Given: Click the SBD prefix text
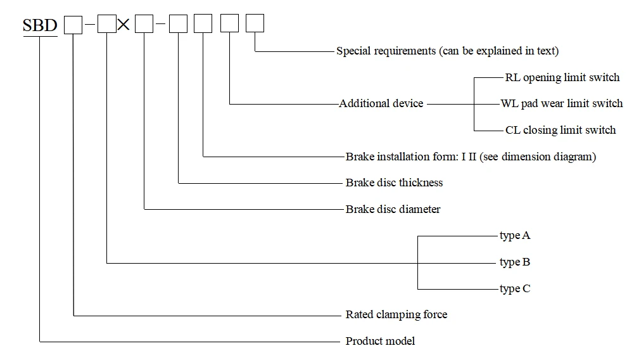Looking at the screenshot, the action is pos(40,25).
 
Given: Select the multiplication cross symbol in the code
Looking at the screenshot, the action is pos(124,24).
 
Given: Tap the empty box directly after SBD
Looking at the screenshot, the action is pos(73,25).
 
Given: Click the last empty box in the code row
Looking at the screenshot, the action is pos(255,23).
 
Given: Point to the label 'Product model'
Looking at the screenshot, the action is pos(380,341).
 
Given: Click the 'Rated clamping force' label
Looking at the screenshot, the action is pos(396,314).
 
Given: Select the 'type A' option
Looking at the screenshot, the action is pos(515,235).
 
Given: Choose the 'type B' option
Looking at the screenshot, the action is pos(515,262).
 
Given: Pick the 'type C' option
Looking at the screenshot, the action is pos(515,289).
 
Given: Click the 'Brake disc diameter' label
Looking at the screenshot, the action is pos(393,209).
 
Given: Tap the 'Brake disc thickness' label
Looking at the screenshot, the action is pos(394,183).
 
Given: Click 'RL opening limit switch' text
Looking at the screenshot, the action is pos(562,77).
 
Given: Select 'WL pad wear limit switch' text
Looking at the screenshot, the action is pos(562,103).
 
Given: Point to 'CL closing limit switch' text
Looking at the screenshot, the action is pos(561,130).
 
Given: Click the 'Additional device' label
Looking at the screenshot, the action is pos(381,103).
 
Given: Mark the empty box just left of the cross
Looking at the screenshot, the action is pos(107,24).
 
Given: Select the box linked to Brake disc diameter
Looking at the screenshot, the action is pos(144,24).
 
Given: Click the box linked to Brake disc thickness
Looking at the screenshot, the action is pos(179,24).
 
